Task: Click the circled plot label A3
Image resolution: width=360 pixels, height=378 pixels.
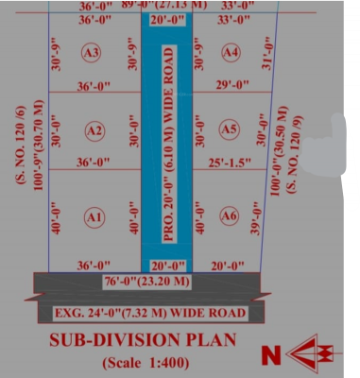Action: [92, 53]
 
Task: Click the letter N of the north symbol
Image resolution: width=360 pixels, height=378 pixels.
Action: [271, 354]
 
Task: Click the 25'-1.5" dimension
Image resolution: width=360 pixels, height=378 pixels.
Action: [230, 163]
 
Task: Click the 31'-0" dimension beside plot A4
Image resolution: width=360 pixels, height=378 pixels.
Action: [266, 60]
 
